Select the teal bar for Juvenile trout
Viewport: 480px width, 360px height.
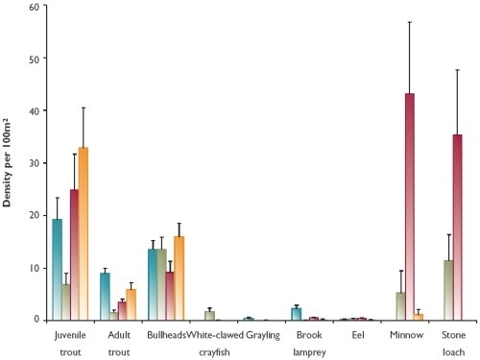click(57, 270)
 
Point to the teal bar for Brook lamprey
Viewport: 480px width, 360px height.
click(297, 314)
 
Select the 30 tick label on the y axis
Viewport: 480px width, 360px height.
click(35, 163)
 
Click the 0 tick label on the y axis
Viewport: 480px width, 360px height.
click(37, 320)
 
